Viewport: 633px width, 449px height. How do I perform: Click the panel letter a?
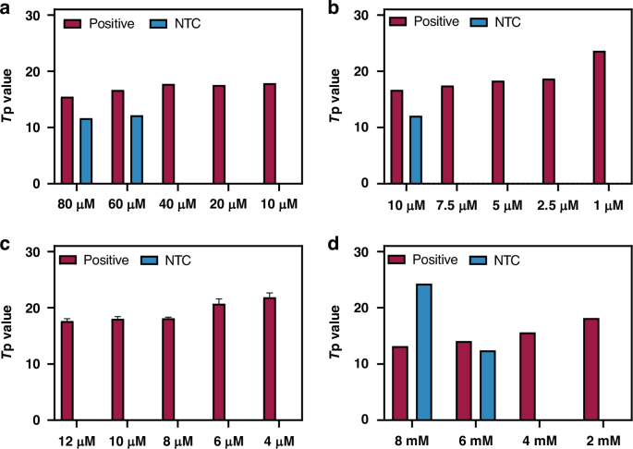(x=6, y=10)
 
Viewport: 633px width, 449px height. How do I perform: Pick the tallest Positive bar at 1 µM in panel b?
(x=599, y=117)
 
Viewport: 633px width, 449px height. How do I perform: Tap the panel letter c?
(x=6, y=243)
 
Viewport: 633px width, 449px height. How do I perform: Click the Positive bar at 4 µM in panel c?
(x=270, y=358)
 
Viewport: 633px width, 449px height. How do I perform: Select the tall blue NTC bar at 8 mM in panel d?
(x=424, y=352)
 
